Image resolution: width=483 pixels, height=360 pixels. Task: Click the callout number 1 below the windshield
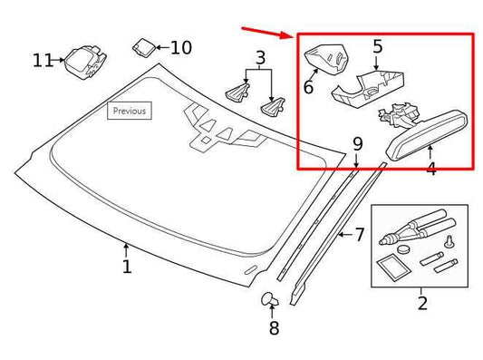click(x=127, y=266)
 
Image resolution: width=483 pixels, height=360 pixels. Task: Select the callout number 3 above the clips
click(x=261, y=60)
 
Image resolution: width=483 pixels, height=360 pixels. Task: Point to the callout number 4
click(x=430, y=168)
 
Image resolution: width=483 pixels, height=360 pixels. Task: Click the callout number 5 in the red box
click(x=377, y=44)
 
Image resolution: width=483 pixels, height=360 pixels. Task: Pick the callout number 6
click(x=308, y=87)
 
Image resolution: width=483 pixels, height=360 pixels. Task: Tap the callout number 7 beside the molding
click(x=359, y=235)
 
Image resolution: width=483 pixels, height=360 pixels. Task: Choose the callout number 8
click(x=274, y=328)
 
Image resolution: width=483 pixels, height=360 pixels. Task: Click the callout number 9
click(x=357, y=143)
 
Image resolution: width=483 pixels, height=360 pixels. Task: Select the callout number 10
click(x=181, y=46)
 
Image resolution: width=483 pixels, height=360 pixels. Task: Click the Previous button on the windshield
click(x=129, y=112)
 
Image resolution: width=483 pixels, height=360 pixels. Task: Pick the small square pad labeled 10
click(x=145, y=47)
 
